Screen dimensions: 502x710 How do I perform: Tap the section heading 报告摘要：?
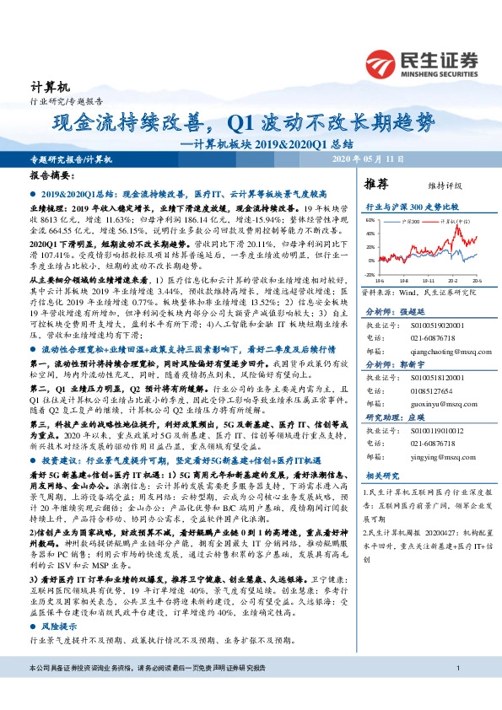(50, 177)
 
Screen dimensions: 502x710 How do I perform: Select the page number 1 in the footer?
(456, 692)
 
